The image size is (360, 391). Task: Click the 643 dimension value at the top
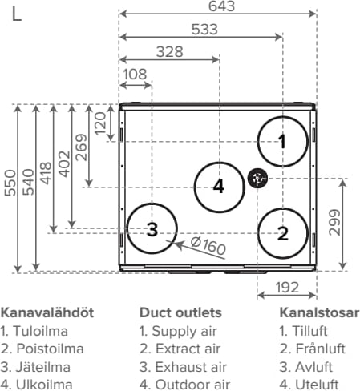click(x=221, y=6)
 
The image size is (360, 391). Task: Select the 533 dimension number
click(x=204, y=30)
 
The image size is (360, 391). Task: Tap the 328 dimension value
click(x=170, y=52)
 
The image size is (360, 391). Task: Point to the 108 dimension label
click(x=135, y=75)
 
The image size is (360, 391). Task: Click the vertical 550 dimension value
click(x=10, y=183)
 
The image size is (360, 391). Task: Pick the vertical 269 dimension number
click(x=81, y=147)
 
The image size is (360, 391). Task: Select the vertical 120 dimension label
click(x=100, y=123)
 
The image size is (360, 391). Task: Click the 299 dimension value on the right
click(x=334, y=223)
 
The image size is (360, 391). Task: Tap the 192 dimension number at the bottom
click(x=287, y=288)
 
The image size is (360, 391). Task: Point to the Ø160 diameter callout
click(x=208, y=245)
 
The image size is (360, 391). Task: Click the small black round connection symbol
click(x=257, y=179)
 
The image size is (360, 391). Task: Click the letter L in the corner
click(x=17, y=14)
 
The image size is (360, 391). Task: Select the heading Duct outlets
click(x=180, y=312)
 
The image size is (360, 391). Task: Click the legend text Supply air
click(x=184, y=331)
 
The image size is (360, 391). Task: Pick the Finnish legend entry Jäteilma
click(x=43, y=367)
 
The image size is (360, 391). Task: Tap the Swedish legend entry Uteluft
click(x=317, y=385)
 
